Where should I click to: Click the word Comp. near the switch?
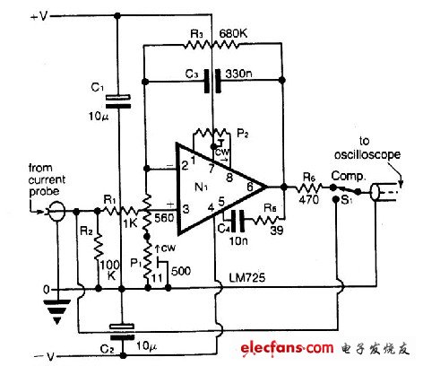click(x=347, y=179)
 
